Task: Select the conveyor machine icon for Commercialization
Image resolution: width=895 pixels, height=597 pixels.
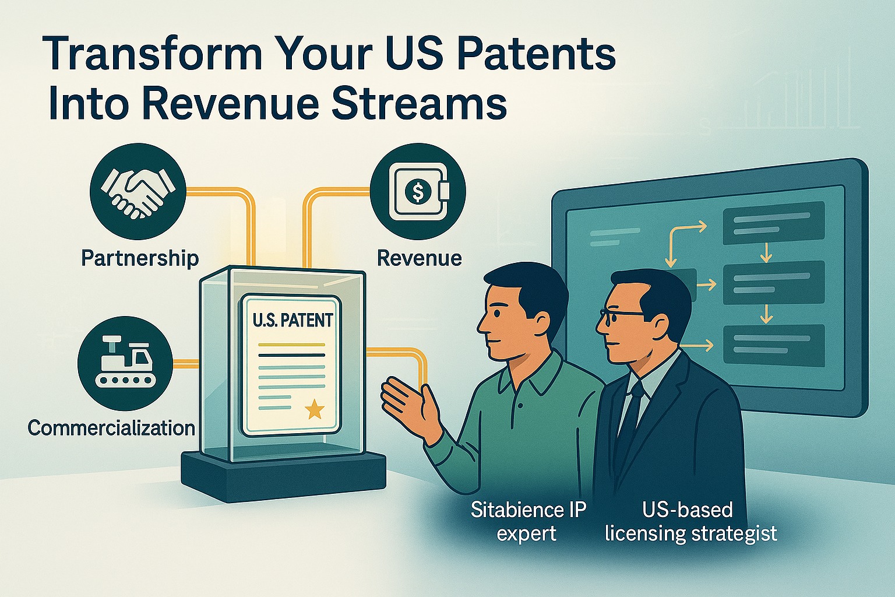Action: [125, 363]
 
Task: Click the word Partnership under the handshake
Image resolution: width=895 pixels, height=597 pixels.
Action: [140, 258]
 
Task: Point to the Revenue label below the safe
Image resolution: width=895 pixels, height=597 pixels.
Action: [420, 258]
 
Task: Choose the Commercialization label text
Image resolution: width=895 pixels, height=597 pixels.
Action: [111, 429]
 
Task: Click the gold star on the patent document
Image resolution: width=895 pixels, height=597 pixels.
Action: [315, 409]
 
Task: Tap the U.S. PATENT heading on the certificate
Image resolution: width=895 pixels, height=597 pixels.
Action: [293, 321]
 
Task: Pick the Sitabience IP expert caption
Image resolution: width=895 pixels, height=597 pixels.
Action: [528, 521]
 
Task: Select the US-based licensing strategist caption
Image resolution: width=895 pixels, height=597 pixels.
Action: [691, 521]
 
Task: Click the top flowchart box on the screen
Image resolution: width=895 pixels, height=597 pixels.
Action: [774, 223]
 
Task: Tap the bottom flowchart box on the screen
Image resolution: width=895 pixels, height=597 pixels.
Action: [774, 346]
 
